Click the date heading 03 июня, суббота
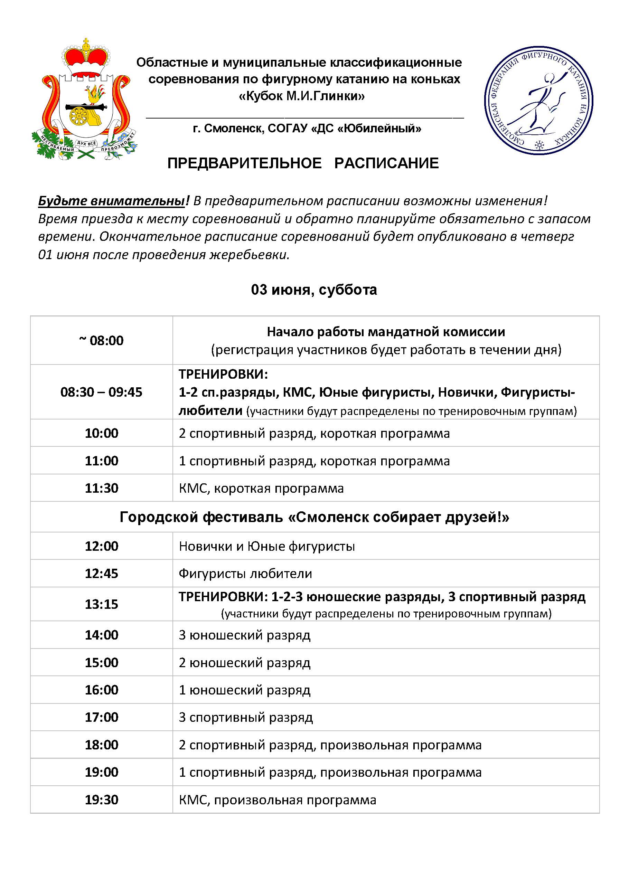click(314, 290)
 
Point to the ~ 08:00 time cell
click(102, 341)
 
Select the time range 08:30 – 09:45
click(102, 392)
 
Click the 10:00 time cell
click(102, 433)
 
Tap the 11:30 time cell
click(102, 488)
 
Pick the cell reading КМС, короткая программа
click(261, 488)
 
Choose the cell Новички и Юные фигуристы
click(267, 546)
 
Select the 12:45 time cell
click(102, 574)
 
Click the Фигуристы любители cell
click(245, 574)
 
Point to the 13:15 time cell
click(102, 604)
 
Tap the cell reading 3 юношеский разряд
click(244, 635)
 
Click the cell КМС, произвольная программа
click(277, 800)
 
